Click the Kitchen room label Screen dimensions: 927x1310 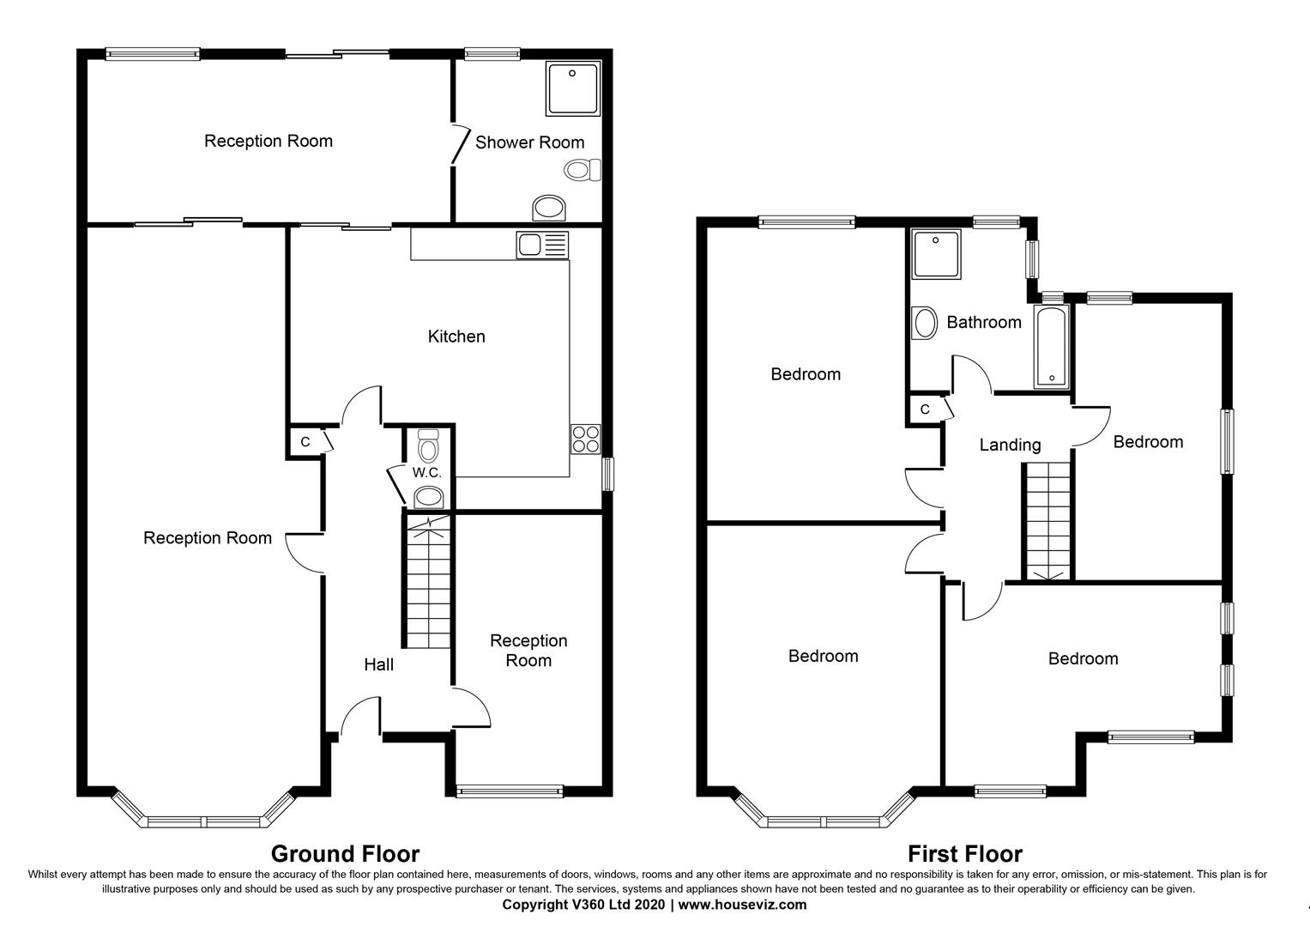[456, 336]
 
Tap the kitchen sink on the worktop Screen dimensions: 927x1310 [542, 245]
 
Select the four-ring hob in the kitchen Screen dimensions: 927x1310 [585, 439]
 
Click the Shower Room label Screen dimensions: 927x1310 [529, 142]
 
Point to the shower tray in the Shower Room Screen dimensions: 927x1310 [573, 88]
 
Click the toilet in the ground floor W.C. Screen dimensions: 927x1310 [427, 446]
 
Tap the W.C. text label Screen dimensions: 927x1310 [426, 473]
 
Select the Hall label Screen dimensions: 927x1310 [378, 664]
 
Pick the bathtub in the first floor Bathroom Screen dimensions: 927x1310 [1051, 348]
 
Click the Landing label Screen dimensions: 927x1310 [1010, 445]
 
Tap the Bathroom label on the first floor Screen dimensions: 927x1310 [984, 323]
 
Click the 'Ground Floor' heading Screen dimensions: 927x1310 [345, 854]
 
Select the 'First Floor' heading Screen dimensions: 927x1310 [964, 854]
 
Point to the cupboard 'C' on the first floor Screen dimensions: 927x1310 [925, 409]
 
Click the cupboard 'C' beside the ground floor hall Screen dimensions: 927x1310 [305, 442]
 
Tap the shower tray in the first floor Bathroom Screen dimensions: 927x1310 [937, 253]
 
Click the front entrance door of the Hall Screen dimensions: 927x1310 [361, 719]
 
